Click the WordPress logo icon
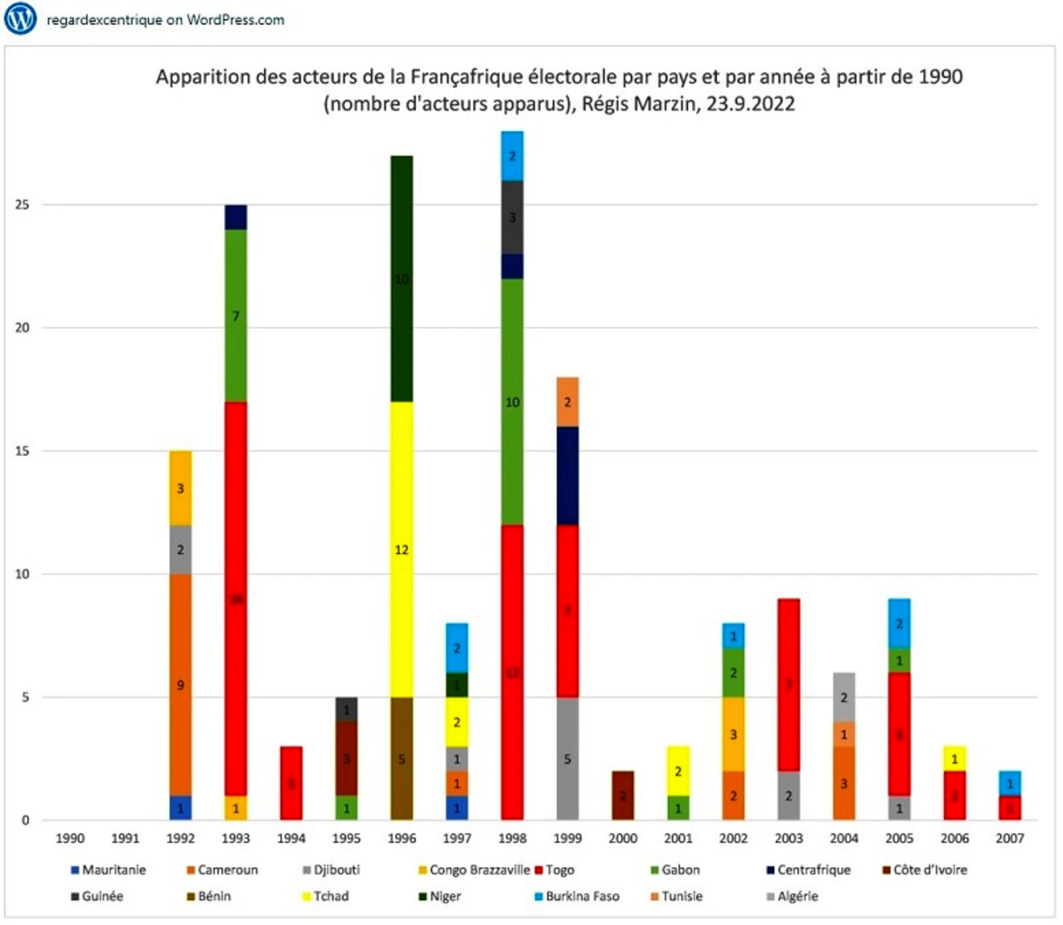tap(20, 19)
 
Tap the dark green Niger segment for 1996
tap(402, 279)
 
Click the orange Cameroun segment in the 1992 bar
tap(180, 684)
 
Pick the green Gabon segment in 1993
tap(236, 316)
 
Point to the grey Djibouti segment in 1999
tap(567, 759)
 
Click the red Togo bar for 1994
tap(291, 783)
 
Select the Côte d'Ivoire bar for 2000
tap(623, 795)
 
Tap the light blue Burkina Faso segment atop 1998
tap(512, 156)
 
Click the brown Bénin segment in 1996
tap(402, 759)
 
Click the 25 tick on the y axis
tap(22, 204)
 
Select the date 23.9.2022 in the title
tap(750, 104)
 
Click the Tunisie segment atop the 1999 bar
tap(567, 402)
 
